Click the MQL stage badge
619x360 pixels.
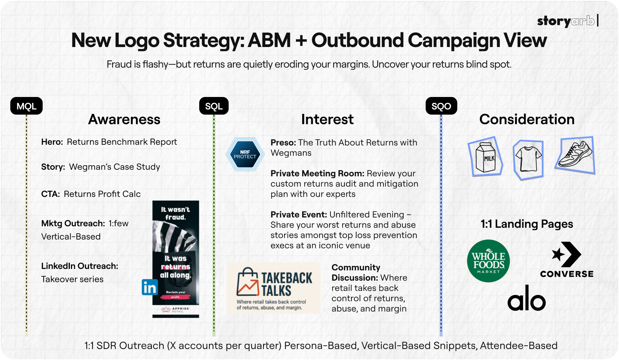tap(26, 106)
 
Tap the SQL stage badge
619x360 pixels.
tap(214, 106)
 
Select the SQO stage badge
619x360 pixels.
tap(441, 106)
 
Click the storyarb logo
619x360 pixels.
tap(566, 21)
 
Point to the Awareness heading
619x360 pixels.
tap(124, 119)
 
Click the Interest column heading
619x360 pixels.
tap(327, 119)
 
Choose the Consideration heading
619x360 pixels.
tap(527, 119)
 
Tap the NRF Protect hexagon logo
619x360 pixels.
tap(245, 154)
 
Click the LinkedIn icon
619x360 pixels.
tap(150, 287)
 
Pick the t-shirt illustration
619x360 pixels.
tap(529, 159)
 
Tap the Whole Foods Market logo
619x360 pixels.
tap(488, 261)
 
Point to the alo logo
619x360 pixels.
tap(526, 298)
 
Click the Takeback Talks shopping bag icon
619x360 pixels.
tap(248, 282)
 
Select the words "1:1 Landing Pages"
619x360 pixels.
tap(527, 224)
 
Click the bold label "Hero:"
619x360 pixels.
tap(52, 142)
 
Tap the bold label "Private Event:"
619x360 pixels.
tap(298, 215)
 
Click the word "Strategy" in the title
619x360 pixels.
tap(204, 40)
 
